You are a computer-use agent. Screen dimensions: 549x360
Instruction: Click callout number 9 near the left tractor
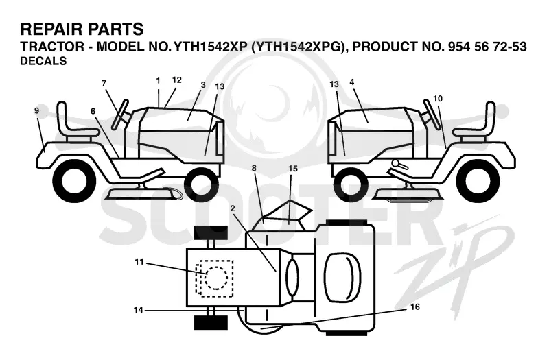37,111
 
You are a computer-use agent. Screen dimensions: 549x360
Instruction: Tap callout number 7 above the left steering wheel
104,83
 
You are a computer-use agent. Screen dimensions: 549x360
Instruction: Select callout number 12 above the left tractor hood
177,80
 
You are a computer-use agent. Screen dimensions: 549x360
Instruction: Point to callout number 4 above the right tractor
352,82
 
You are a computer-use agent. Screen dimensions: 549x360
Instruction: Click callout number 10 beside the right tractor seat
438,99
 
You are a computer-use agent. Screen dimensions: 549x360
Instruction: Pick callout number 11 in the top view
139,262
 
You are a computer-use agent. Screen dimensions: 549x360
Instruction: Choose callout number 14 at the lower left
139,310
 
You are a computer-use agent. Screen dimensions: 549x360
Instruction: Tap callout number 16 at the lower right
415,307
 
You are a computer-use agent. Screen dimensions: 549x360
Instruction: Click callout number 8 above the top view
254,168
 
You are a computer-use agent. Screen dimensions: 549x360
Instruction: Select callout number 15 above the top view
293,169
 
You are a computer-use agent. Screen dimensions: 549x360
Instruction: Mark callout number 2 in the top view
233,208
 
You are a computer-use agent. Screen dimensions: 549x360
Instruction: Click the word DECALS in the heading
43,61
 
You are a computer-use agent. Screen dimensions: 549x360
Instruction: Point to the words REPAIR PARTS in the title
82,29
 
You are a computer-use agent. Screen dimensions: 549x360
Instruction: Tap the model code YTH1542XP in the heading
211,47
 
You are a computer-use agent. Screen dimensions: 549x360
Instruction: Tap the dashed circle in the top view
216,278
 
